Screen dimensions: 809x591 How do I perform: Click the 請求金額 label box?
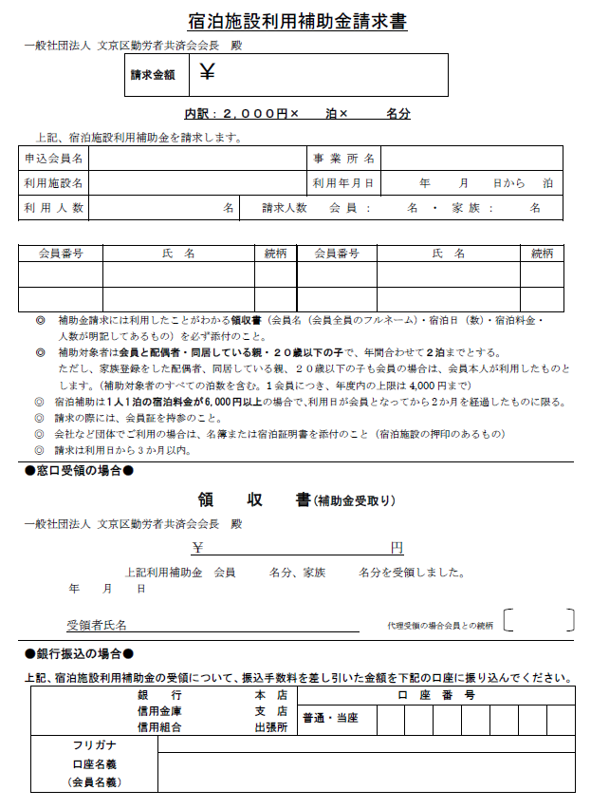[x=153, y=75]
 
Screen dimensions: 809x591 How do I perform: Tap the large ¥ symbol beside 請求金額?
[x=208, y=71]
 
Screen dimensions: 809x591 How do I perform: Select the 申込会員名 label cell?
[x=54, y=159]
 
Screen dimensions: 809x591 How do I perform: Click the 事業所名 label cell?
[x=343, y=159]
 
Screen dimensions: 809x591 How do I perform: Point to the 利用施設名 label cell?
[x=54, y=182]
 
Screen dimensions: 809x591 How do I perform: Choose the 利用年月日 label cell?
[x=343, y=182]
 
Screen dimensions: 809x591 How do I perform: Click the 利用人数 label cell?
[x=54, y=207]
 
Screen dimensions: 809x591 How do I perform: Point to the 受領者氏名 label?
[x=96, y=626]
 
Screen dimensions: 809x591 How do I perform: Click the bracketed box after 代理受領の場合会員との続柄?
[x=539, y=621]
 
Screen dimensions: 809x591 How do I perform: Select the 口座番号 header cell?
[x=434, y=695]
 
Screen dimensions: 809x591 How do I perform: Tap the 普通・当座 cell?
[x=330, y=719]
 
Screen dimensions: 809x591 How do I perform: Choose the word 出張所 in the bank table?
[x=270, y=726]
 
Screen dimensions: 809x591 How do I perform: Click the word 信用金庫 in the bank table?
[x=159, y=711]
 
